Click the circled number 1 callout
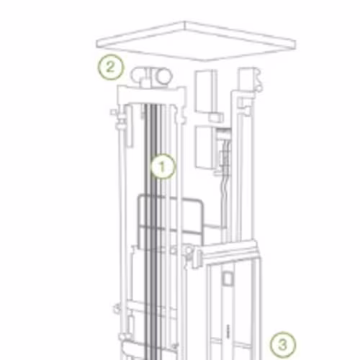163,167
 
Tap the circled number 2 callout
111,67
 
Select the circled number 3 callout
283,345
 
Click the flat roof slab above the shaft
196,41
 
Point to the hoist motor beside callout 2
151,76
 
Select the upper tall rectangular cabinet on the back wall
204,91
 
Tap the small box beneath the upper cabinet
215,117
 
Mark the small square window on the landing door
227,279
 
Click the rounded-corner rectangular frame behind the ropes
171,222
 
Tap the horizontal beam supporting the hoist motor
152,95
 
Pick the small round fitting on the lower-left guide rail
117,308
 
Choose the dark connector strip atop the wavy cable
224,132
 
